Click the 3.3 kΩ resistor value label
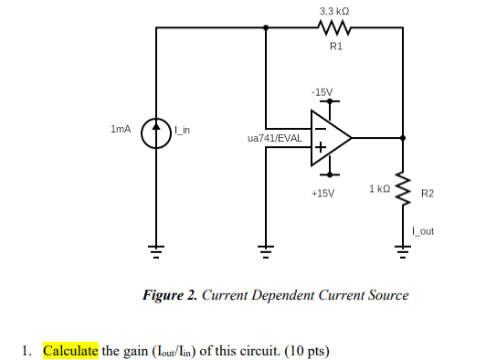point(334,11)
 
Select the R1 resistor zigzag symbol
point(334,27)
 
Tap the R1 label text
point(334,45)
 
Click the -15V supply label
point(322,92)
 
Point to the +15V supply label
point(322,194)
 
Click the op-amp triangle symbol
point(330,139)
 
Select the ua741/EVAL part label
point(275,138)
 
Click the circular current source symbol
point(157,131)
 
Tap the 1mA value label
point(121,130)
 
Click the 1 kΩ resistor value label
point(380,188)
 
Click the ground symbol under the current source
point(157,247)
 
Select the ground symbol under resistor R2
point(402,247)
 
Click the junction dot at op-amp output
point(402,139)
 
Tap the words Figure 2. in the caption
point(170,295)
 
